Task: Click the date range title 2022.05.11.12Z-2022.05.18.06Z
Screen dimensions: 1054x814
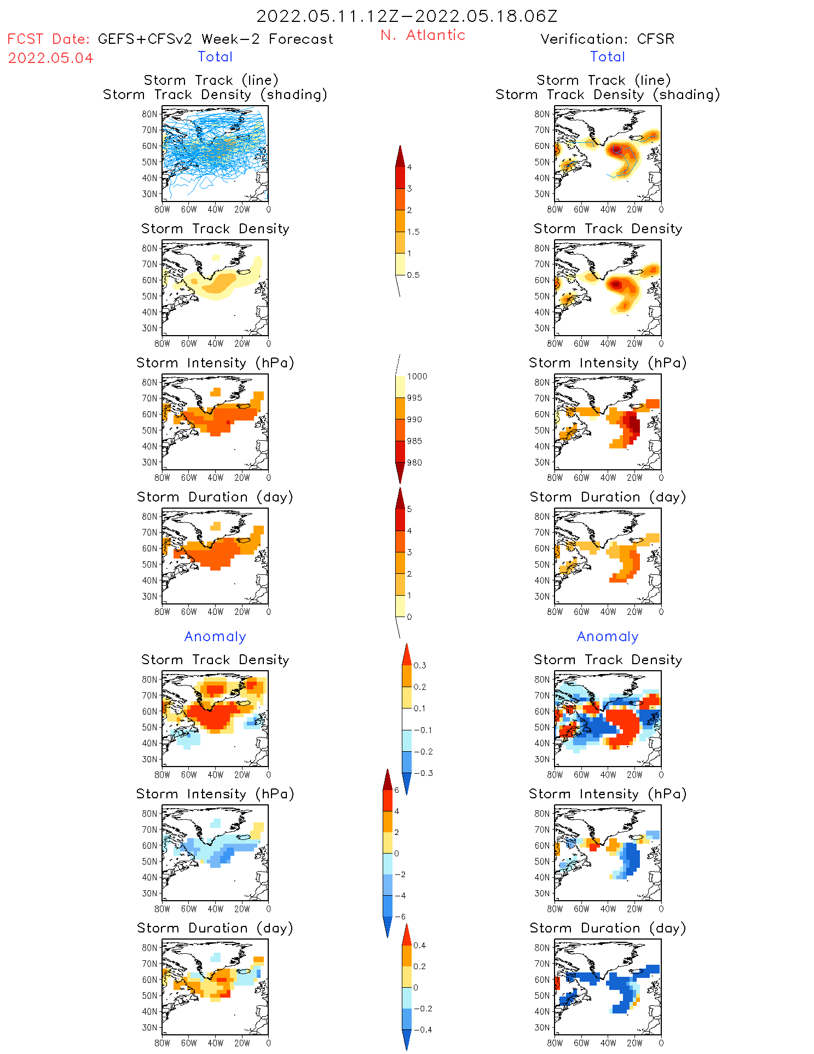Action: [x=407, y=16]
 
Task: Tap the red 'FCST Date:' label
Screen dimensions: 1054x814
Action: [x=48, y=39]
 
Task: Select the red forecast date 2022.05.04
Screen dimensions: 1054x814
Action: [x=50, y=58]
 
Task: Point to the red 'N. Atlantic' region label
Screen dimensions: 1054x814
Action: [x=423, y=35]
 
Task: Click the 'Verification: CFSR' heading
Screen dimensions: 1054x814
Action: [x=607, y=39]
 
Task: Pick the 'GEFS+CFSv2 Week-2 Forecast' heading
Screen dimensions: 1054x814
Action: [x=215, y=39]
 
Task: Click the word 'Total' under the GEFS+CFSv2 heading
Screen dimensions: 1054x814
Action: [x=215, y=56]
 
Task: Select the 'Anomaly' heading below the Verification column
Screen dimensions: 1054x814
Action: [x=608, y=636]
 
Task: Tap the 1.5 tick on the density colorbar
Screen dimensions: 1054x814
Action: [x=413, y=232]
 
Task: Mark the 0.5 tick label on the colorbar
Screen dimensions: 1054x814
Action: [x=413, y=275]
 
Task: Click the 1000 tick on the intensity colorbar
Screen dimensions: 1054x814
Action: [x=417, y=376]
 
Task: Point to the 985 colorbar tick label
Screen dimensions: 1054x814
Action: [x=414, y=441]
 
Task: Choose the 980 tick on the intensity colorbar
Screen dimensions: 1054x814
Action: [x=414, y=463]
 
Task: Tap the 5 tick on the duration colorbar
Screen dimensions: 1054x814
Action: [x=409, y=509]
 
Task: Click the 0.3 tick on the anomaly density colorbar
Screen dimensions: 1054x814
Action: [x=419, y=665]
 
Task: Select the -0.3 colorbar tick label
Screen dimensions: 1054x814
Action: [x=423, y=773]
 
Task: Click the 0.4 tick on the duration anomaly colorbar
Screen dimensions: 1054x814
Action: [x=419, y=945]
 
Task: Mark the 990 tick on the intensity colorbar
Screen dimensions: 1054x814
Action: [x=414, y=419]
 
